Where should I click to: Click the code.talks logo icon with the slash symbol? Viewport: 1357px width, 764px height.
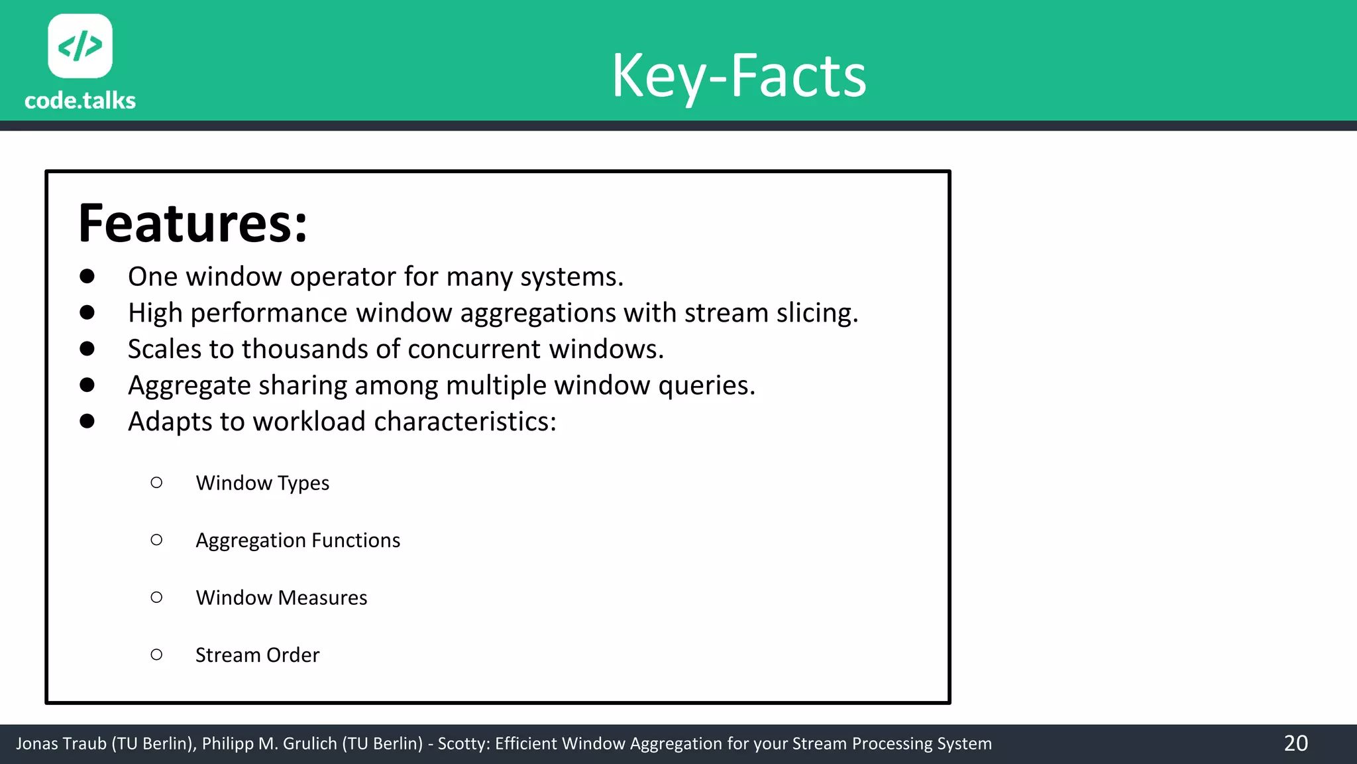pyautogui.click(x=80, y=46)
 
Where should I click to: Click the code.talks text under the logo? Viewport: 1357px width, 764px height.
pyautogui.click(x=80, y=101)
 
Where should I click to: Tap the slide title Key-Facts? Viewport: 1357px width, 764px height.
pyautogui.click(x=739, y=76)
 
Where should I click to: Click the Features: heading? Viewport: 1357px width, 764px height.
pyautogui.click(x=193, y=223)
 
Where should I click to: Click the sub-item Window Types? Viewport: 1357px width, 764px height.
pyautogui.click(x=262, y=483)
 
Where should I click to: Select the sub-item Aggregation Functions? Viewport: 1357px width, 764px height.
pyautogui.click(x=298, y=541)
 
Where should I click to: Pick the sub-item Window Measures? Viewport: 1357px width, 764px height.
pyautogui.click(x=281, y=598)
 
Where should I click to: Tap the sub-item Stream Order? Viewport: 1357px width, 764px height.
pyautogui.click(x=257, y=655)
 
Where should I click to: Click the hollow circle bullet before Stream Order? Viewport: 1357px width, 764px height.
pyautogui.click(x=156, y=655)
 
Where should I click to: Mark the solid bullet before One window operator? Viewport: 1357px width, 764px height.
pyautogui.click(x=87, y=277)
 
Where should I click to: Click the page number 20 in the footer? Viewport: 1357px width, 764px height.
pyautogui.click(x=1295, y=743)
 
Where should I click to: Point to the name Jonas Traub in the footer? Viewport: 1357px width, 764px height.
pyautogui.click(x=61, y=744)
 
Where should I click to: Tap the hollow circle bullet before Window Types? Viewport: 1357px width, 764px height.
pyautogui.click(x=156, y=483)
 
